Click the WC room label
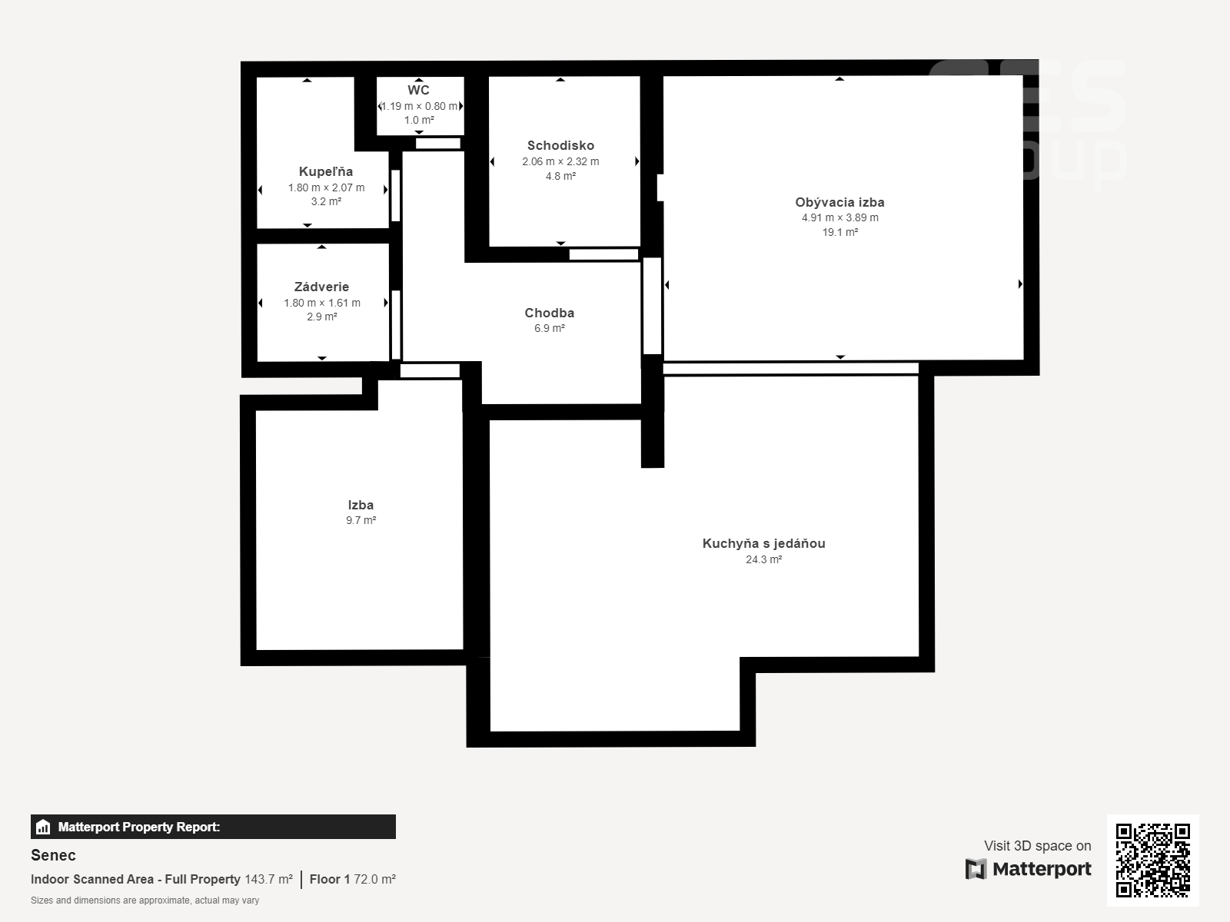click(x=419, y=90)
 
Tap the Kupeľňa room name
click(x=326, y=171)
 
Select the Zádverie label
click(x=321, y=287)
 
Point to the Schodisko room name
click(x=560, y=145)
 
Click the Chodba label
click(x=549, y=313)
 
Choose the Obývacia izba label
click(x=839, y=202)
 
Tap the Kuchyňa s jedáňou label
click(x=764, y=543)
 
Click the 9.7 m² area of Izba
click(x=361, y=520)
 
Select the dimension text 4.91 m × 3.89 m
click(x=840, y=217)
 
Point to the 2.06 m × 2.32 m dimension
click(x=560, y=162)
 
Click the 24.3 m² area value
click(x=764, y=559)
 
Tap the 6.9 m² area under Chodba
click(x=549, y=329)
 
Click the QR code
click(x=1152, y=861)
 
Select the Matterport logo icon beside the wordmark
click(x=976, y=869)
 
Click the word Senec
click(x=53, y=855)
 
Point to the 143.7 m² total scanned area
click(x=268, y=880)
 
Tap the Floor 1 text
click(x=330, y=880)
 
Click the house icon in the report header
click(x=43, y=827)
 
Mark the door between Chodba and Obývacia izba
click(x=652, y=306)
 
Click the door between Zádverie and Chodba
click(x=396, y=325)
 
